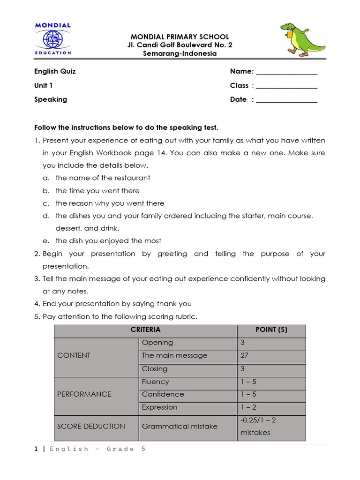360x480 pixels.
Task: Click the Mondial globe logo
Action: tap(52, 39)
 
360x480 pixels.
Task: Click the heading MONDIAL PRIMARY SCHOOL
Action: tap(180, 37)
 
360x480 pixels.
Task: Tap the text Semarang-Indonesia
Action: tap(180, 53)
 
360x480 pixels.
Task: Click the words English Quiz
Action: tap(55, 71)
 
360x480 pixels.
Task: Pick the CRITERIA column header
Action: tap(145, 330)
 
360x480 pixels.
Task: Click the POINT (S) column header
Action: tap(271, 330)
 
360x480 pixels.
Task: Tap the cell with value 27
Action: tap(244, 355)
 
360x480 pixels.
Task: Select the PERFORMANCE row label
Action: tap(84, 394)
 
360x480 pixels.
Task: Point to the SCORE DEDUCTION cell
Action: tap(91, 426)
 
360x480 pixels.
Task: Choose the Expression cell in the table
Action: tap(159, 407)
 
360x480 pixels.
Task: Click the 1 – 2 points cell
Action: tap(248, 407)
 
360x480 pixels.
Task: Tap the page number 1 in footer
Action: tap(36, 449)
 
